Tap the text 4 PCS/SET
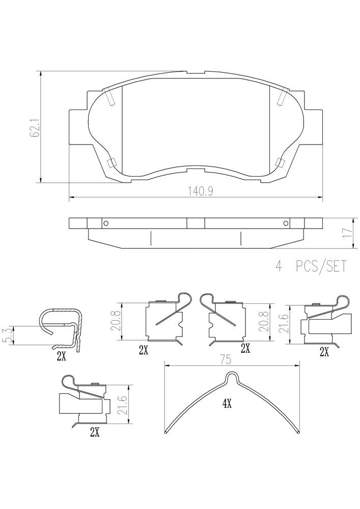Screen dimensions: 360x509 [x=311, y=266]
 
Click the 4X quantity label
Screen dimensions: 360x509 [x=227, y=404]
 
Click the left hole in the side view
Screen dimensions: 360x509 [x=105, y=223]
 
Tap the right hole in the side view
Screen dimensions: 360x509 [x=286, y=223]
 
